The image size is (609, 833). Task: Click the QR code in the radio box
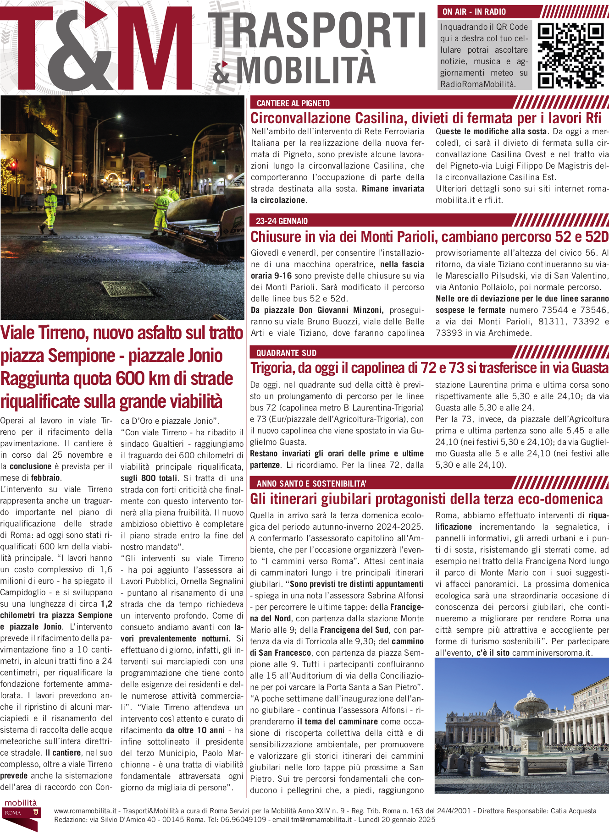click(x=570, y=55)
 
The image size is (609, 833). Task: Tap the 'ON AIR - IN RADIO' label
click(x=474, y=12)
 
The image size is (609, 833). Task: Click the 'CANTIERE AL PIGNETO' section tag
click(x=293, y=103)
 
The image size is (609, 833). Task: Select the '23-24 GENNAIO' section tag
click(x=282, y=221)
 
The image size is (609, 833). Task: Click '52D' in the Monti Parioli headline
click(x=597, y=237)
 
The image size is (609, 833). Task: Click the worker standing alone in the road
click(x=50, y=208)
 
